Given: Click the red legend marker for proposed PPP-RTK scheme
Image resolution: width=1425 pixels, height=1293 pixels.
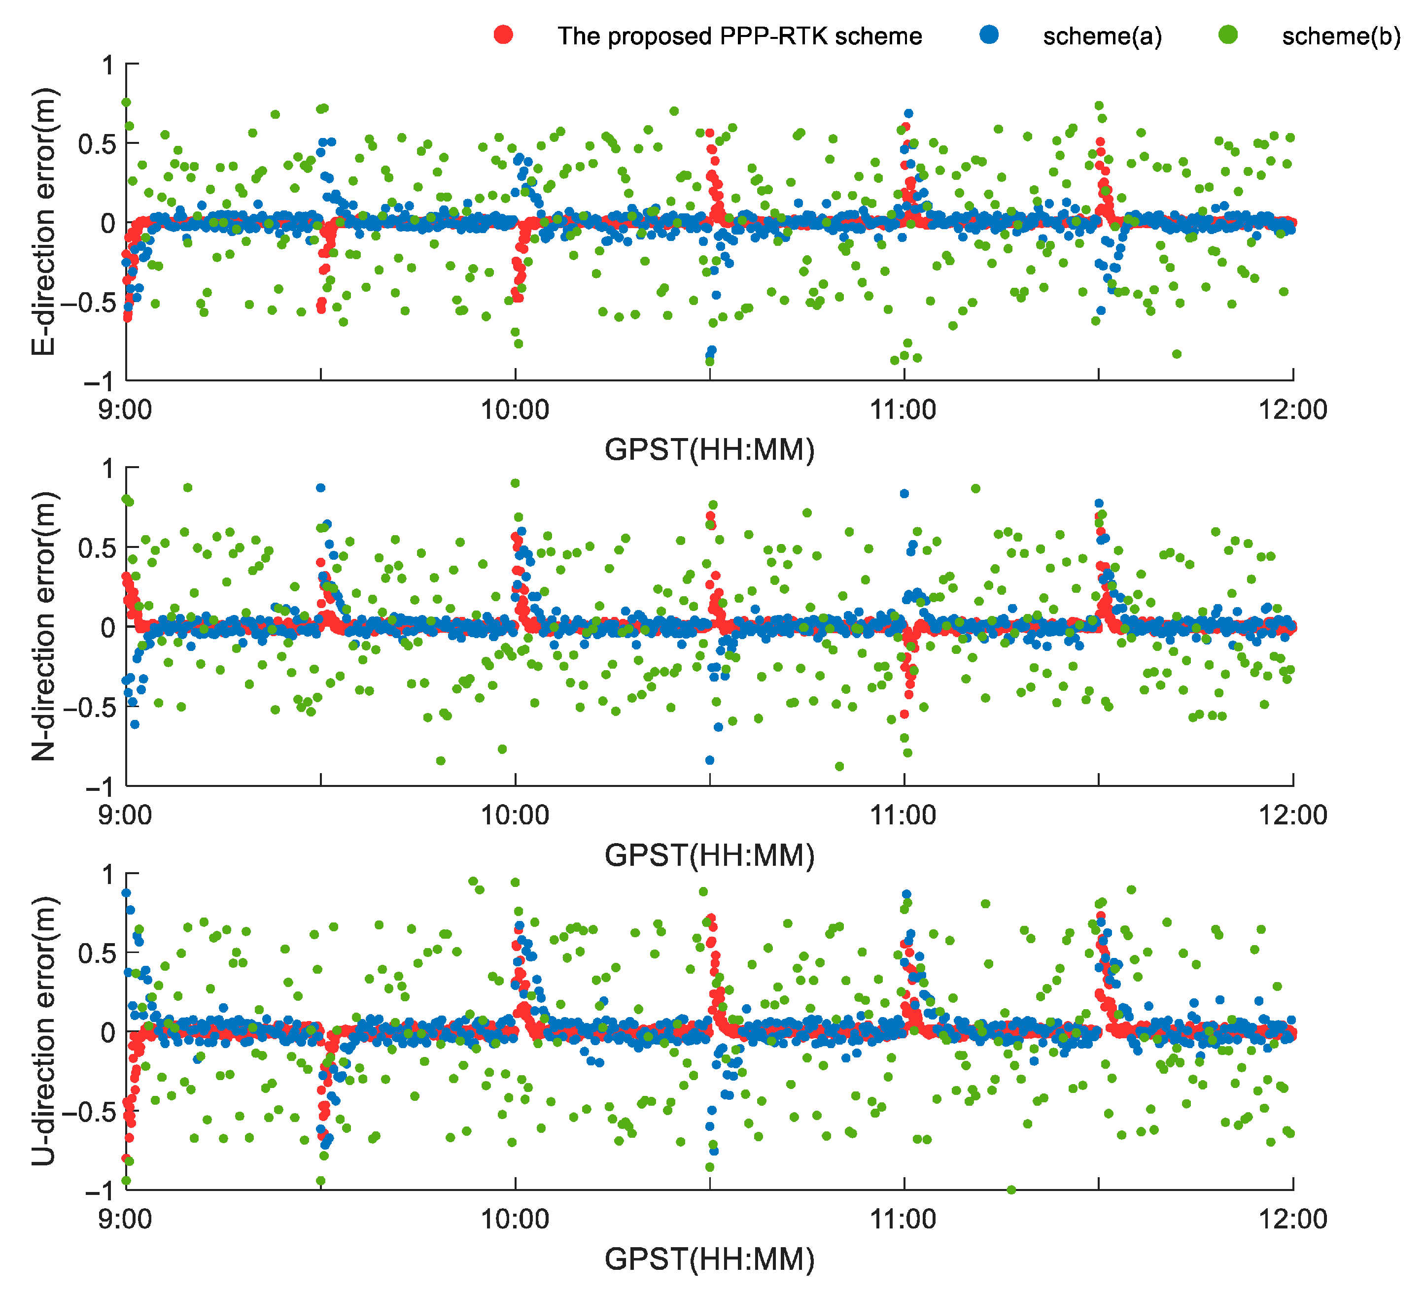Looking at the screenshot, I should tap(503, 34).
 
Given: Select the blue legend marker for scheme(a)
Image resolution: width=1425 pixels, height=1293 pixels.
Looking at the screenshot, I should tap(990, 34).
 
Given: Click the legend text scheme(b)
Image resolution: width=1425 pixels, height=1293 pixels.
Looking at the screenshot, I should tap(1341, 36).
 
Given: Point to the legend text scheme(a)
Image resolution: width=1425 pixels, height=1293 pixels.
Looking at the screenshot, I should tap(1102, 36).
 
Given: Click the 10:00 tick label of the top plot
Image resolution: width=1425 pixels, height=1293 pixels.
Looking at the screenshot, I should tap(515, 410).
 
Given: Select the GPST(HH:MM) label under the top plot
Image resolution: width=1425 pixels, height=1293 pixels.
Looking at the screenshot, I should tap(709, 450).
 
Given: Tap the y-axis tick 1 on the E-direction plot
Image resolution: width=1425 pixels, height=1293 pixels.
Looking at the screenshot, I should tap(107, 66).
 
